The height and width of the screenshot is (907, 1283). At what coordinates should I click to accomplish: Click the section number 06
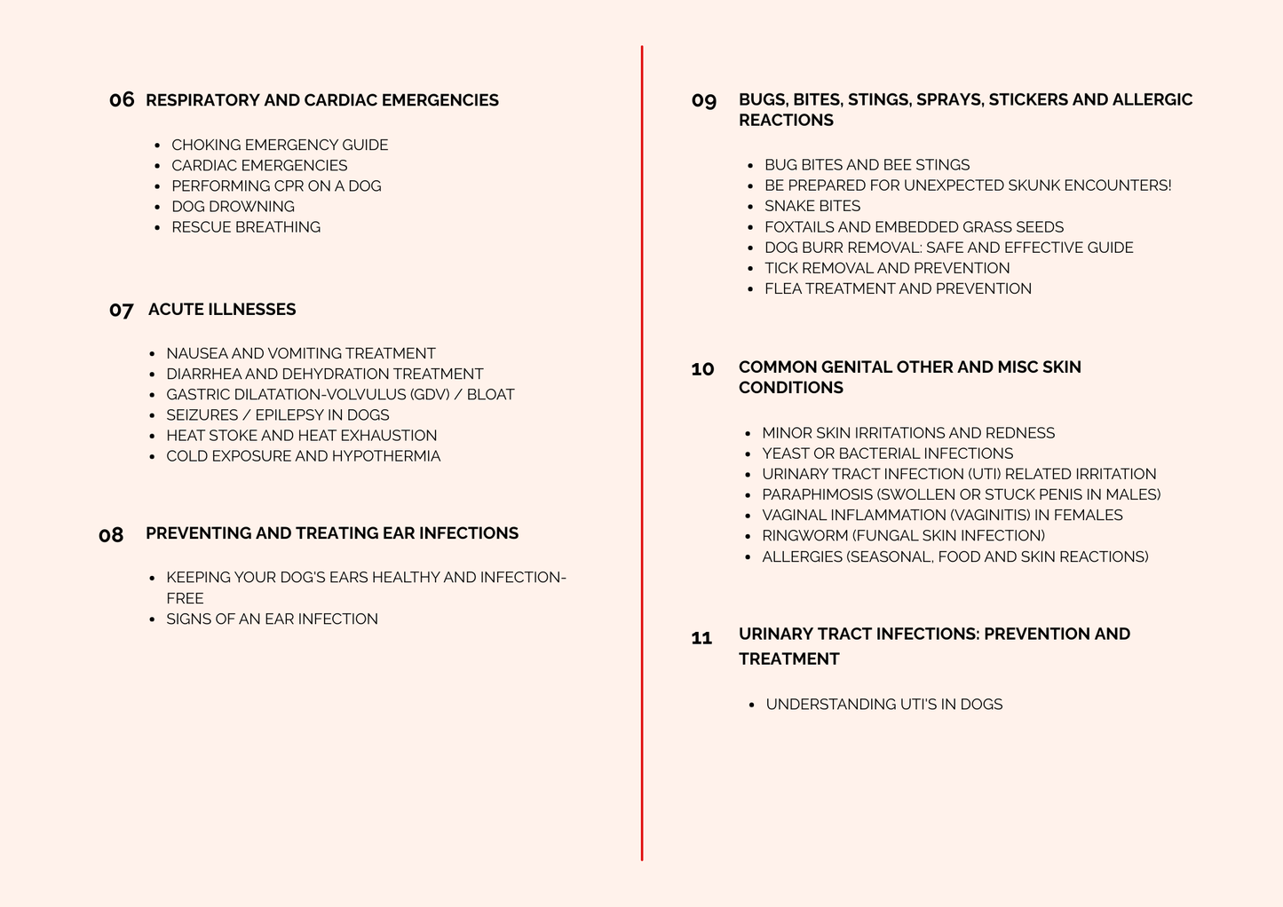(x=122, y=99)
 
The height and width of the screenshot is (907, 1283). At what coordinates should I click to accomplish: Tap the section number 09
(x=704, y=101)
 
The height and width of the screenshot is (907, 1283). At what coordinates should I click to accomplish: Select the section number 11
(x=701, y=638)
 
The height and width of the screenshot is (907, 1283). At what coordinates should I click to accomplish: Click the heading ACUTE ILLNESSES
(x=222, y=309)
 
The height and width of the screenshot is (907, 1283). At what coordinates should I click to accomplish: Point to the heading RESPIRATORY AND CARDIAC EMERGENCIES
(x=321, y=100)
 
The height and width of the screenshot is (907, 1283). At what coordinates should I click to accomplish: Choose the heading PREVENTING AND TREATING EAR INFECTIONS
(x=332, y=532)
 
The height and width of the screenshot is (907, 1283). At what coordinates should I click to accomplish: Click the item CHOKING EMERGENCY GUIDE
(x=280, y=145)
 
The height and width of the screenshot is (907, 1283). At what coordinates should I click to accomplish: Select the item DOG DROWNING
(x=233, y=206)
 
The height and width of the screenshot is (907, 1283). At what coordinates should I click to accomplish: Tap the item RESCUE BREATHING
(x=246, y=227)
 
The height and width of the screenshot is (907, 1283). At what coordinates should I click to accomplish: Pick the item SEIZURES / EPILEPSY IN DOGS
(x=278, y=414)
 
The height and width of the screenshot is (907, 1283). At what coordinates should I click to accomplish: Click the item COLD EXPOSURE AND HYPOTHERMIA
(x=303, y=456)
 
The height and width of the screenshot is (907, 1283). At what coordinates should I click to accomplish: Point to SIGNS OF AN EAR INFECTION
(x=272, y=619)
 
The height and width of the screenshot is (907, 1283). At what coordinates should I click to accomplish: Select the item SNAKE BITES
(x=812, y=206)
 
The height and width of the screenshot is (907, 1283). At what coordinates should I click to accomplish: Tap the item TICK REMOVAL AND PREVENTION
(x=887, y=268)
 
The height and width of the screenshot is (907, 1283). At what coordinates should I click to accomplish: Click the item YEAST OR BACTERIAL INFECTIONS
(x=887, y=453)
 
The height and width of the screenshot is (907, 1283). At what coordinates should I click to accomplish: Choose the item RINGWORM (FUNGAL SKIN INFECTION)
(x=903, y=535)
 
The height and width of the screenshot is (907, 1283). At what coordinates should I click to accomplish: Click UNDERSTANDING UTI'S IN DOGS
(x=884, y=704)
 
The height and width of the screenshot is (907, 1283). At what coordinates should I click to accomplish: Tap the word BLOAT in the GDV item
(x=490, y=394)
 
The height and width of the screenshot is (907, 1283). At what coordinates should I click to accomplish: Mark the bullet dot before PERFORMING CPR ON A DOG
(x=158, y=186)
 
